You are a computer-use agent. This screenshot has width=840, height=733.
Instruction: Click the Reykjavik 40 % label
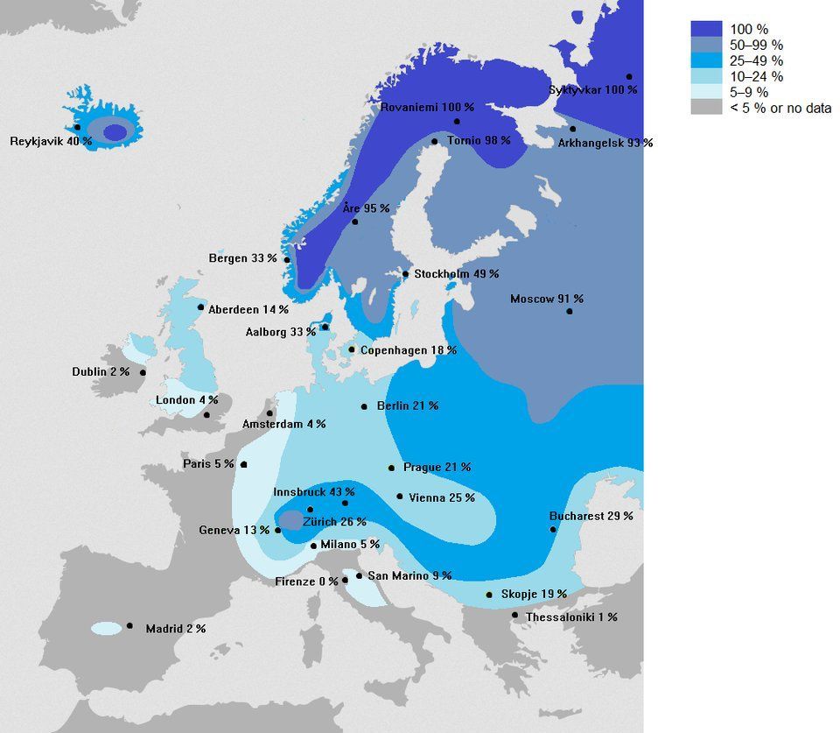pyautogui.click(x=51, y=141)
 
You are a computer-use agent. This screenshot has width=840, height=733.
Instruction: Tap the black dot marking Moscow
pyautogui.click(x=570, y=312)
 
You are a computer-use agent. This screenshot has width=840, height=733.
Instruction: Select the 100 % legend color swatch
pyautogui.click(x=706, y=29)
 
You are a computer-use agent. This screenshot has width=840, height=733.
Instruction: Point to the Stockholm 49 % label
pyautogui.click(x=456, y=274)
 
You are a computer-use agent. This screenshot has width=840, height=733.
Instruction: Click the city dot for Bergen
pyautogui.click(x=287, y=260)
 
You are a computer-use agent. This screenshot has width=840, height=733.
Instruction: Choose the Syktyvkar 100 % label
pyautogui.click(x=593, y=90)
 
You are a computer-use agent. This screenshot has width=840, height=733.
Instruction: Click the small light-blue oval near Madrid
pyautogui.click(x=106, y=629)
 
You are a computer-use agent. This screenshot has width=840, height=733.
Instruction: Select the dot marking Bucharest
pyautogui.click(x=553, y=530)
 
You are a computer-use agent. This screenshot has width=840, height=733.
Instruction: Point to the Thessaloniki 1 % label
pyautogui.click(x=571, y=617)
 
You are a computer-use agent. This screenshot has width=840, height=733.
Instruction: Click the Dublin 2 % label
pyautogui.click(x=101, y=372)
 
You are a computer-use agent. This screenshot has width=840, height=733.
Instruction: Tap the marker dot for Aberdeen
pyautogui.click(x=201, y=307)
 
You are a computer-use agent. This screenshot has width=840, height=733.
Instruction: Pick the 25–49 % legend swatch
pyautogui.click(x=706, y=60)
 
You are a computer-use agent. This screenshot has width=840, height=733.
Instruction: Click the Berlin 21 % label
pyautogui.click(x=407, y=406)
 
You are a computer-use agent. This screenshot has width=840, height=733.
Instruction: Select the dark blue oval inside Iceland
pyautogui.click(x=115, y=132)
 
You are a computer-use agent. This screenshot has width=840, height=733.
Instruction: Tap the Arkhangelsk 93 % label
pyautogui.click(x=605, y=143)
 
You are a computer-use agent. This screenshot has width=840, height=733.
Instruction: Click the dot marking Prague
pyautogui.click(x=391, y=468)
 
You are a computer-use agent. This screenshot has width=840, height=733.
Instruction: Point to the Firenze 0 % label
pyautogui.click(x=306, y=581)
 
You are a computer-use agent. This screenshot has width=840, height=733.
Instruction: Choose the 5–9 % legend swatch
pyautogui.click(x=706, y=92)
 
